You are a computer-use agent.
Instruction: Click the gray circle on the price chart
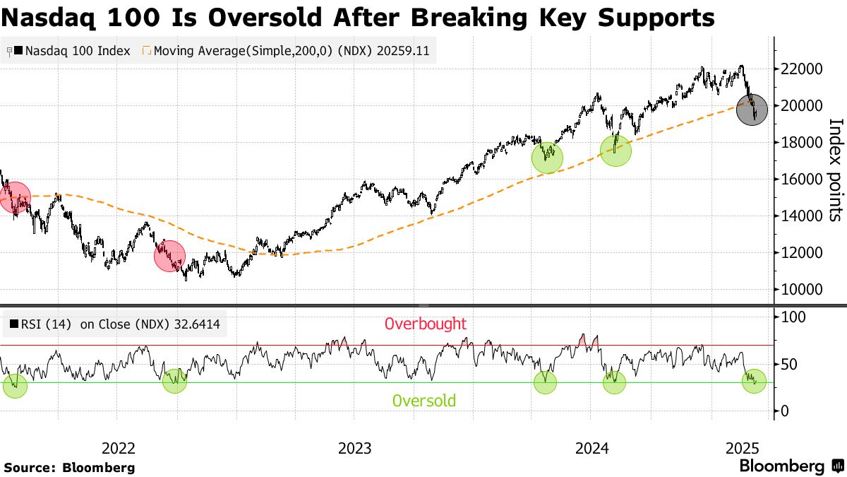coord(752,110)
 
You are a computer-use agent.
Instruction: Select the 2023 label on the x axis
coord(354,448)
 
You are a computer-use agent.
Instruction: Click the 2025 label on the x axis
coord(742,448)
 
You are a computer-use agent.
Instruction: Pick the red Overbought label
coord(425,324)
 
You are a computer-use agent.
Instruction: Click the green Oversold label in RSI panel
coord(423,401)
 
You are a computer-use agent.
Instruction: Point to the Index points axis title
coord(835,170)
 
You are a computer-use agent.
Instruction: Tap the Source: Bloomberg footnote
coord(69,467)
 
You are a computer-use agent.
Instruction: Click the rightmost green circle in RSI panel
coord(754,381)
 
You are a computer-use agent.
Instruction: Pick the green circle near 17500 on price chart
coord(615,151)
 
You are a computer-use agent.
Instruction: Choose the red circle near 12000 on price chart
coord(169,256)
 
